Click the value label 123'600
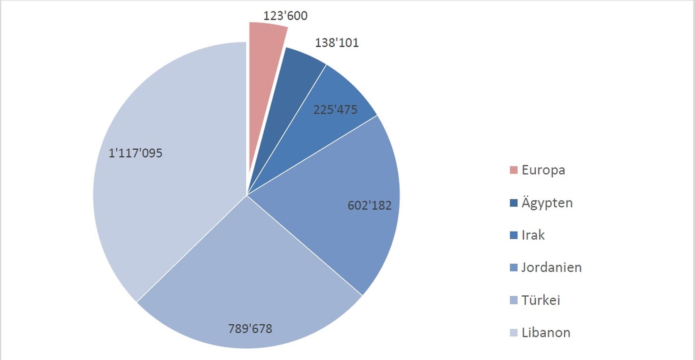tap(286, 16)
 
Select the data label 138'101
tap(337, 43)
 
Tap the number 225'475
tap(335, 110)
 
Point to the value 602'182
tap(369, 206)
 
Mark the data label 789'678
tap(250, 329)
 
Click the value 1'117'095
tap(135, 153)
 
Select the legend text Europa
tap(543, 171)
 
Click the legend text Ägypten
tap(547, 203)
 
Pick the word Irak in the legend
tap(533, 235)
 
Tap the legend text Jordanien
tap(551, 268)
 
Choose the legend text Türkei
tap(541, 300)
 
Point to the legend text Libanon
tap(546, 333)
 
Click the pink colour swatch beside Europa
tap(514, 171)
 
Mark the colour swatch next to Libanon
tap(514, 333)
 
